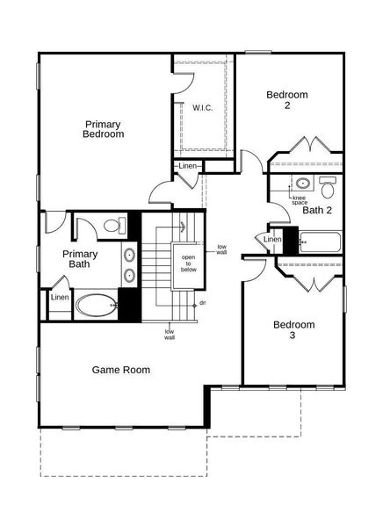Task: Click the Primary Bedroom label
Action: pyautogui.click(x=103, y=129)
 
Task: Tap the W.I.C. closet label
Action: pyautogui.click(x=202, y=107)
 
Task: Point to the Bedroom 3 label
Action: pyautogui.click(x=293, y=329)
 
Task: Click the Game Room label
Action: pyautogui.click(x=120, y=370)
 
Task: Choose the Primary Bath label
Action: pyautogui.click(x=80, y=258)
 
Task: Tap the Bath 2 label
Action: pyautogui.click(x=317, y=210)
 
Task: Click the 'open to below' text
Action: pyautogui.click(x=189, y=263)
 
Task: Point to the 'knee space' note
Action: pyautogui.click(x=300, y=200)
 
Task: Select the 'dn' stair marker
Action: pyautogui.click(x=203, y=303)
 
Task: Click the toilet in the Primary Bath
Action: pyautogui.click(x=112, y=227)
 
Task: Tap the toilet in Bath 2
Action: pyautogui.click(x=328, y=187)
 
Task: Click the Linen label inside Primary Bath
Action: pyautogui.click(x=60, y=297)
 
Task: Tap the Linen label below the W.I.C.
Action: pyautogui.click(x=188, y=166)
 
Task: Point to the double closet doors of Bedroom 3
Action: pyautogui.click(x=307, y=280)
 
